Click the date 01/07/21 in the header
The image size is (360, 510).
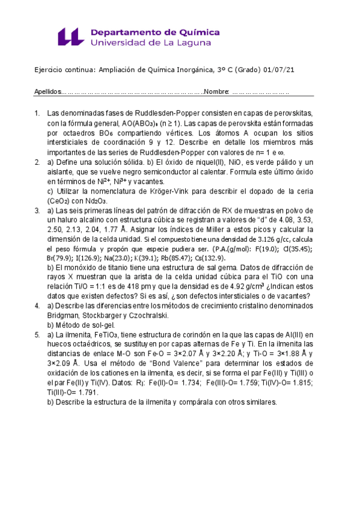coord(279,70)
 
